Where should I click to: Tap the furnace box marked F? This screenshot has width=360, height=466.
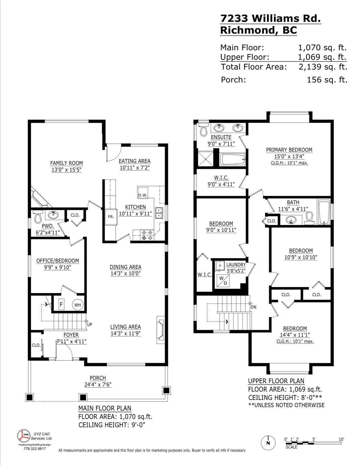point(61,304)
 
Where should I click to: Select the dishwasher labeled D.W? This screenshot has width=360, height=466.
point(143,192)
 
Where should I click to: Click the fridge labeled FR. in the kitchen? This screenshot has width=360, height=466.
point(111,217)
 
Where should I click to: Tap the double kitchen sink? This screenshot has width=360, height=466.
point(159,213)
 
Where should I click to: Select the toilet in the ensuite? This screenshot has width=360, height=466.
point(203,129)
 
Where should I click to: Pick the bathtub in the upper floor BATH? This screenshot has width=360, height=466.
point(324,212)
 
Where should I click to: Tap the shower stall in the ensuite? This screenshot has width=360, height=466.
point(206,159)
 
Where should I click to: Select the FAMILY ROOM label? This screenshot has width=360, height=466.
point(66,163)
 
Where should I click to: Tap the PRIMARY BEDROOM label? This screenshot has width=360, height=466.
point(289,150)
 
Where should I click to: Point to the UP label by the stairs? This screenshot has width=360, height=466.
point(90,324)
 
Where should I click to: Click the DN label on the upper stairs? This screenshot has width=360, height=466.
point(253,307)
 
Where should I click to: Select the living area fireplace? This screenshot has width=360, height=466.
point(161,330)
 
